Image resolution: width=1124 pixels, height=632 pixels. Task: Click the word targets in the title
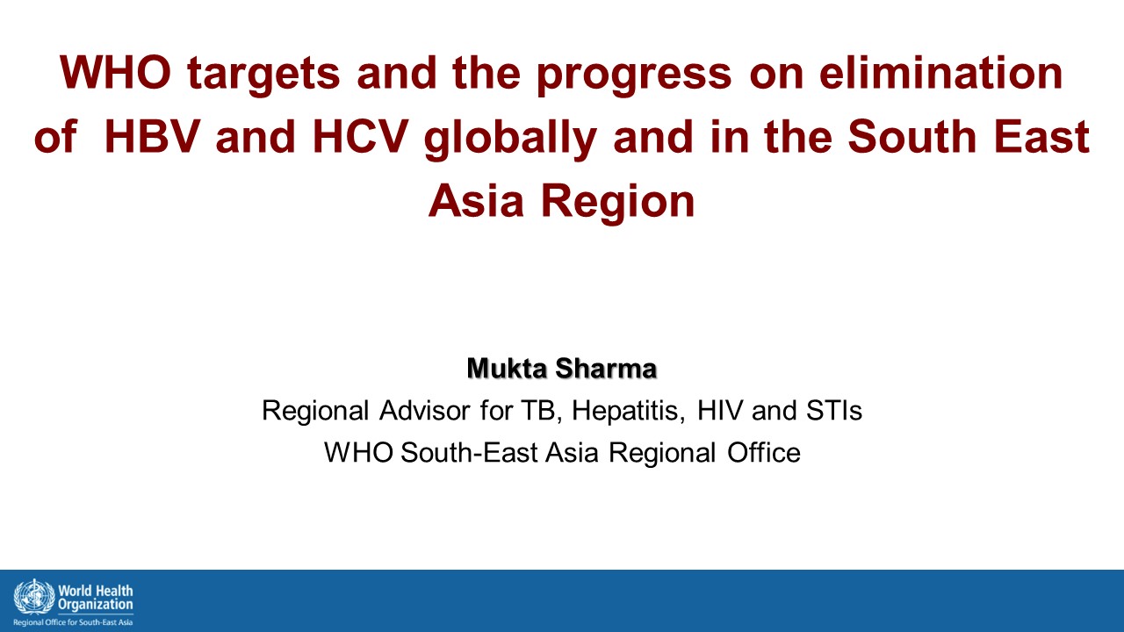[x=263, y=74]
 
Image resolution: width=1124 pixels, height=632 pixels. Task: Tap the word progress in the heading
[x=634, y=75]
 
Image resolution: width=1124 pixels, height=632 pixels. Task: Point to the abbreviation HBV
[x=153, y=136]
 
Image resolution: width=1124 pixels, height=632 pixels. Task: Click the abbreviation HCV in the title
[x=360, y=136]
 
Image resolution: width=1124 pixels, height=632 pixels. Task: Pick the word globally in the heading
[x=510, y=138]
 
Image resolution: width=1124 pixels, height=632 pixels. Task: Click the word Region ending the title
[x=617, y=202]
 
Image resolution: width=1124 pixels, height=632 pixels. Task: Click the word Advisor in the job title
[x=424, y=410]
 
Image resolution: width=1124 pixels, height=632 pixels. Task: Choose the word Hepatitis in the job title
[x=628, y=412]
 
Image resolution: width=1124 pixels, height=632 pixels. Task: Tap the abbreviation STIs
[x=834, y=410]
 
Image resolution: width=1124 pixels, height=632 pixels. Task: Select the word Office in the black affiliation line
[x=764, y=452]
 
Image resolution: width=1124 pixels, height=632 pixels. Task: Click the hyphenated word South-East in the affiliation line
[x=469, y=452]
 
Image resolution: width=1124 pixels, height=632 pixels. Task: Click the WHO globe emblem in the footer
[x=34, y=596]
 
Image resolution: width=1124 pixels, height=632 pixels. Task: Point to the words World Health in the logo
[x=96, y=591]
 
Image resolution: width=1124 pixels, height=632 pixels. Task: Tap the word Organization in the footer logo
[x=96, y=605]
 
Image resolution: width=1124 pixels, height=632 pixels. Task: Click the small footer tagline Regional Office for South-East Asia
[x=73, y=622]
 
